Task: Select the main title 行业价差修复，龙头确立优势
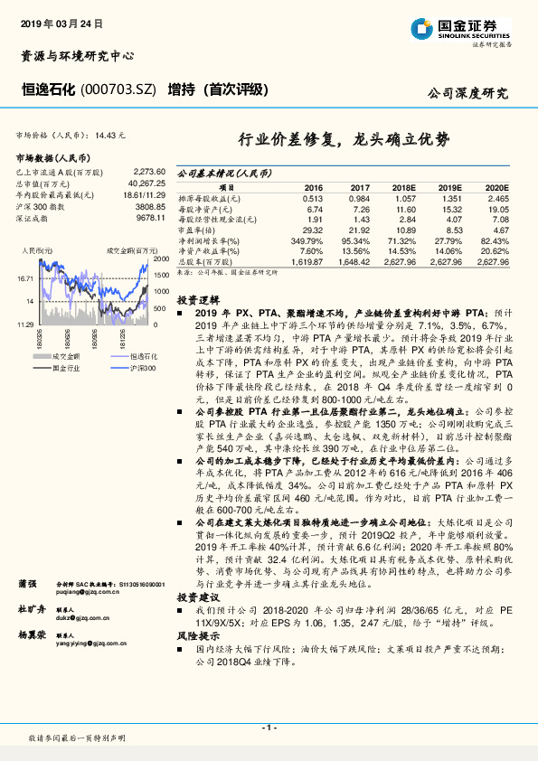tap(343, 139)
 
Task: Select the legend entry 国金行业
tap(67, 369)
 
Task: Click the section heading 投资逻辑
tap(196, 299)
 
